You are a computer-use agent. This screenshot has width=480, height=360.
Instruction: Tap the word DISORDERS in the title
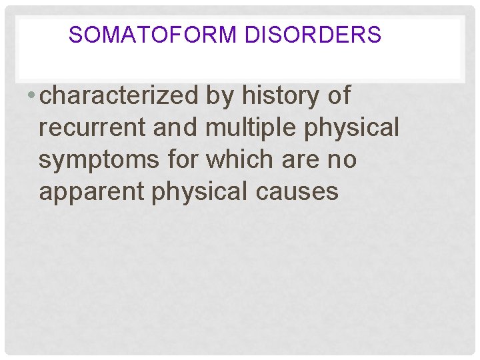click(313, 34)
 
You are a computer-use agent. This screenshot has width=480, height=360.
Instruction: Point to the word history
click(274, 96)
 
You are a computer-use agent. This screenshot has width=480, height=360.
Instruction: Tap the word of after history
click(336, 96)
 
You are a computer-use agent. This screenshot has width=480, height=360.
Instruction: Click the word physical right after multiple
click(351, 128)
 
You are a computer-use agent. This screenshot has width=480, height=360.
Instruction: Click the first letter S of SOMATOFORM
click(74, 34)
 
